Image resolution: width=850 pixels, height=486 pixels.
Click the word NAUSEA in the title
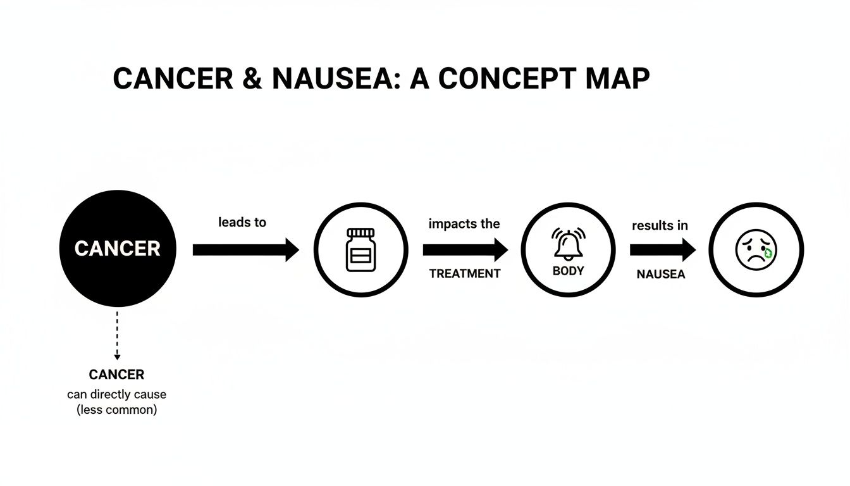(330, 79)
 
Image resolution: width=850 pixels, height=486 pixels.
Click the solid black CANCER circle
(118, 249)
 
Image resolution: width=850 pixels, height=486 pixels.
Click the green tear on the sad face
(768, 253)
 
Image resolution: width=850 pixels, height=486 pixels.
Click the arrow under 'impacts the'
(465, 250)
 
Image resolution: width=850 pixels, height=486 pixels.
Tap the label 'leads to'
(242, 222)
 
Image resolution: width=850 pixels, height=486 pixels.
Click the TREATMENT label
(465, 274)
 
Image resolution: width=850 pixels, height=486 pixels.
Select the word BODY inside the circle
(568, 271)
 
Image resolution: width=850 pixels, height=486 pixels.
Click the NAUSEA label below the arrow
(660, 275)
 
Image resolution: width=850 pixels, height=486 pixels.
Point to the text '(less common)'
(116, 410)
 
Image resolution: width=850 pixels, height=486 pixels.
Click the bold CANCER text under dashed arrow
(116, 375)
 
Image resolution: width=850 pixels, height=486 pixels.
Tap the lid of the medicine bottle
(360, 232)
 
